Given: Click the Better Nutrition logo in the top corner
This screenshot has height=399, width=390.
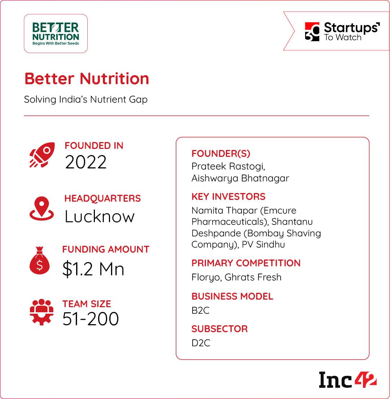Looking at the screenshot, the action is click(x=56, y=34).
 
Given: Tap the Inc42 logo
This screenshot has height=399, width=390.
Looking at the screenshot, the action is click(x=347, y=380).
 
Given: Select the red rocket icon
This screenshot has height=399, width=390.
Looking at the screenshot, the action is click(x=42, y=155).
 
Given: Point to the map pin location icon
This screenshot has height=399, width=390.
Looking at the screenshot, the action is click(x=41, y=208).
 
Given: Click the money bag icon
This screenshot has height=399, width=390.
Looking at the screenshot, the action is click(x=39, y=260).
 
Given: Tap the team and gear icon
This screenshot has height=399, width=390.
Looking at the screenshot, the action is click(x=41, y=312).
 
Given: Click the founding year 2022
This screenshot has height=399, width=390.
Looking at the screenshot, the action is click(x=86, y=162).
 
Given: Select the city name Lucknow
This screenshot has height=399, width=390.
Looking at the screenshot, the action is click(x=99, y=216).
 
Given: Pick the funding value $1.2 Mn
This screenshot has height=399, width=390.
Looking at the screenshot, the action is click(x=93, y=269).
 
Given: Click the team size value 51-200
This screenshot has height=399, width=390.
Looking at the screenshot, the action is click(x=91, y=319).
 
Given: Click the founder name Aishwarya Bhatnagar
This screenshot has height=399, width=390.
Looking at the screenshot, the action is click(x=240, y=179).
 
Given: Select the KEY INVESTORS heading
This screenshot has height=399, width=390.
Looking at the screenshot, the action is click(x=228, y=197).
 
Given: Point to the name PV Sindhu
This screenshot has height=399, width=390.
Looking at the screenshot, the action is click(x=263, y=244).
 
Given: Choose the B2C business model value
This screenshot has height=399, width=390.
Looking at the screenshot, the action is click(x=201, y=310).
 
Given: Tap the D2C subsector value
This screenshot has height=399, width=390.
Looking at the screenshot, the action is click(x=201, y=343).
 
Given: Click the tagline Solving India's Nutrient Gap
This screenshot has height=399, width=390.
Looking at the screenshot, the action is click(x=86, y=99).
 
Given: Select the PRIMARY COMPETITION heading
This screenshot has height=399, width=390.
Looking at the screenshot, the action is click(x=246, y=263).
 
